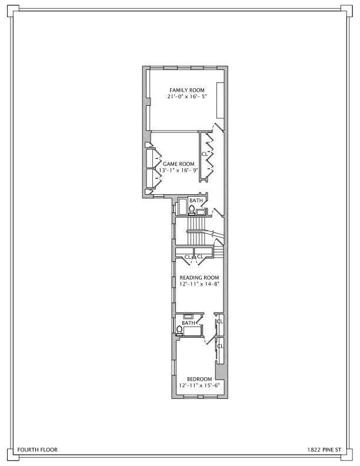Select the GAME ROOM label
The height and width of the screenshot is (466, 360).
point(179,164)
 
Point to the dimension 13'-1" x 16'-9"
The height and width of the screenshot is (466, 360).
point(178,171)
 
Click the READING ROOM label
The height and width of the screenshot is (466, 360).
point(199,278)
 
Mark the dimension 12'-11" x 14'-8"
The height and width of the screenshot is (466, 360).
point(199,284)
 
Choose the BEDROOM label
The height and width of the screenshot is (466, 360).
point(199,378)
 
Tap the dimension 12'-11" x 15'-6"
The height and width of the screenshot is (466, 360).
point(199,385)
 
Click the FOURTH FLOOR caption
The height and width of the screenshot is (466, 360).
point(38,450)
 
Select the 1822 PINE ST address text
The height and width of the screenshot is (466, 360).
point(323,450)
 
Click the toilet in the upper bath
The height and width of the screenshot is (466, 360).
point(191,208)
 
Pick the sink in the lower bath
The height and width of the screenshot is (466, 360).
point(189,317)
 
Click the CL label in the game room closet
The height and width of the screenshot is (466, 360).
point(205,154)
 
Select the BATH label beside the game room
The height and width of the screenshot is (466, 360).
point(196,201)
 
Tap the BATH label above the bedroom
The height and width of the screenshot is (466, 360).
point(188,323)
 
